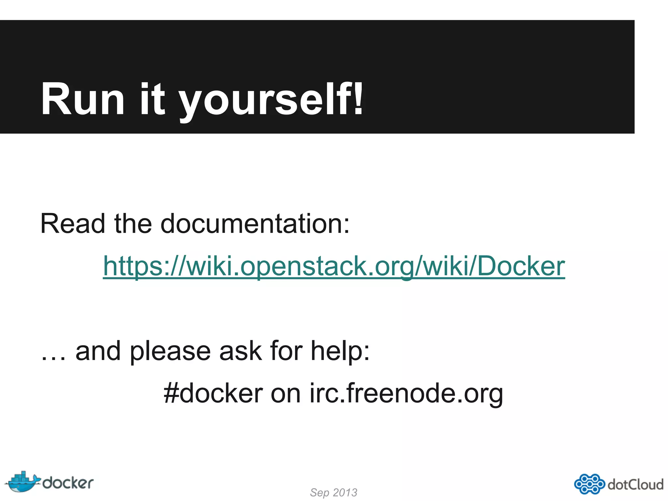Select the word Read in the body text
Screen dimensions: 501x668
click(x=73, y=224)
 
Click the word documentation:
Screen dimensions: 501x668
click(x=255, y=224)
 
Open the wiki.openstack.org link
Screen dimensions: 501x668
click(x=334, y=266)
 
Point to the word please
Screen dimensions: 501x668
click(x=170, y=352)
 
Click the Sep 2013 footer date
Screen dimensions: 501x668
click(x=333, y=492)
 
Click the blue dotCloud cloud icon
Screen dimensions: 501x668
click(x=589, y=484)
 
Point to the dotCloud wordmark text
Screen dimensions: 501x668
click(x=635, y=484)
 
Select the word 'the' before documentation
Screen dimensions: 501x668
click(x=133, y=224)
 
